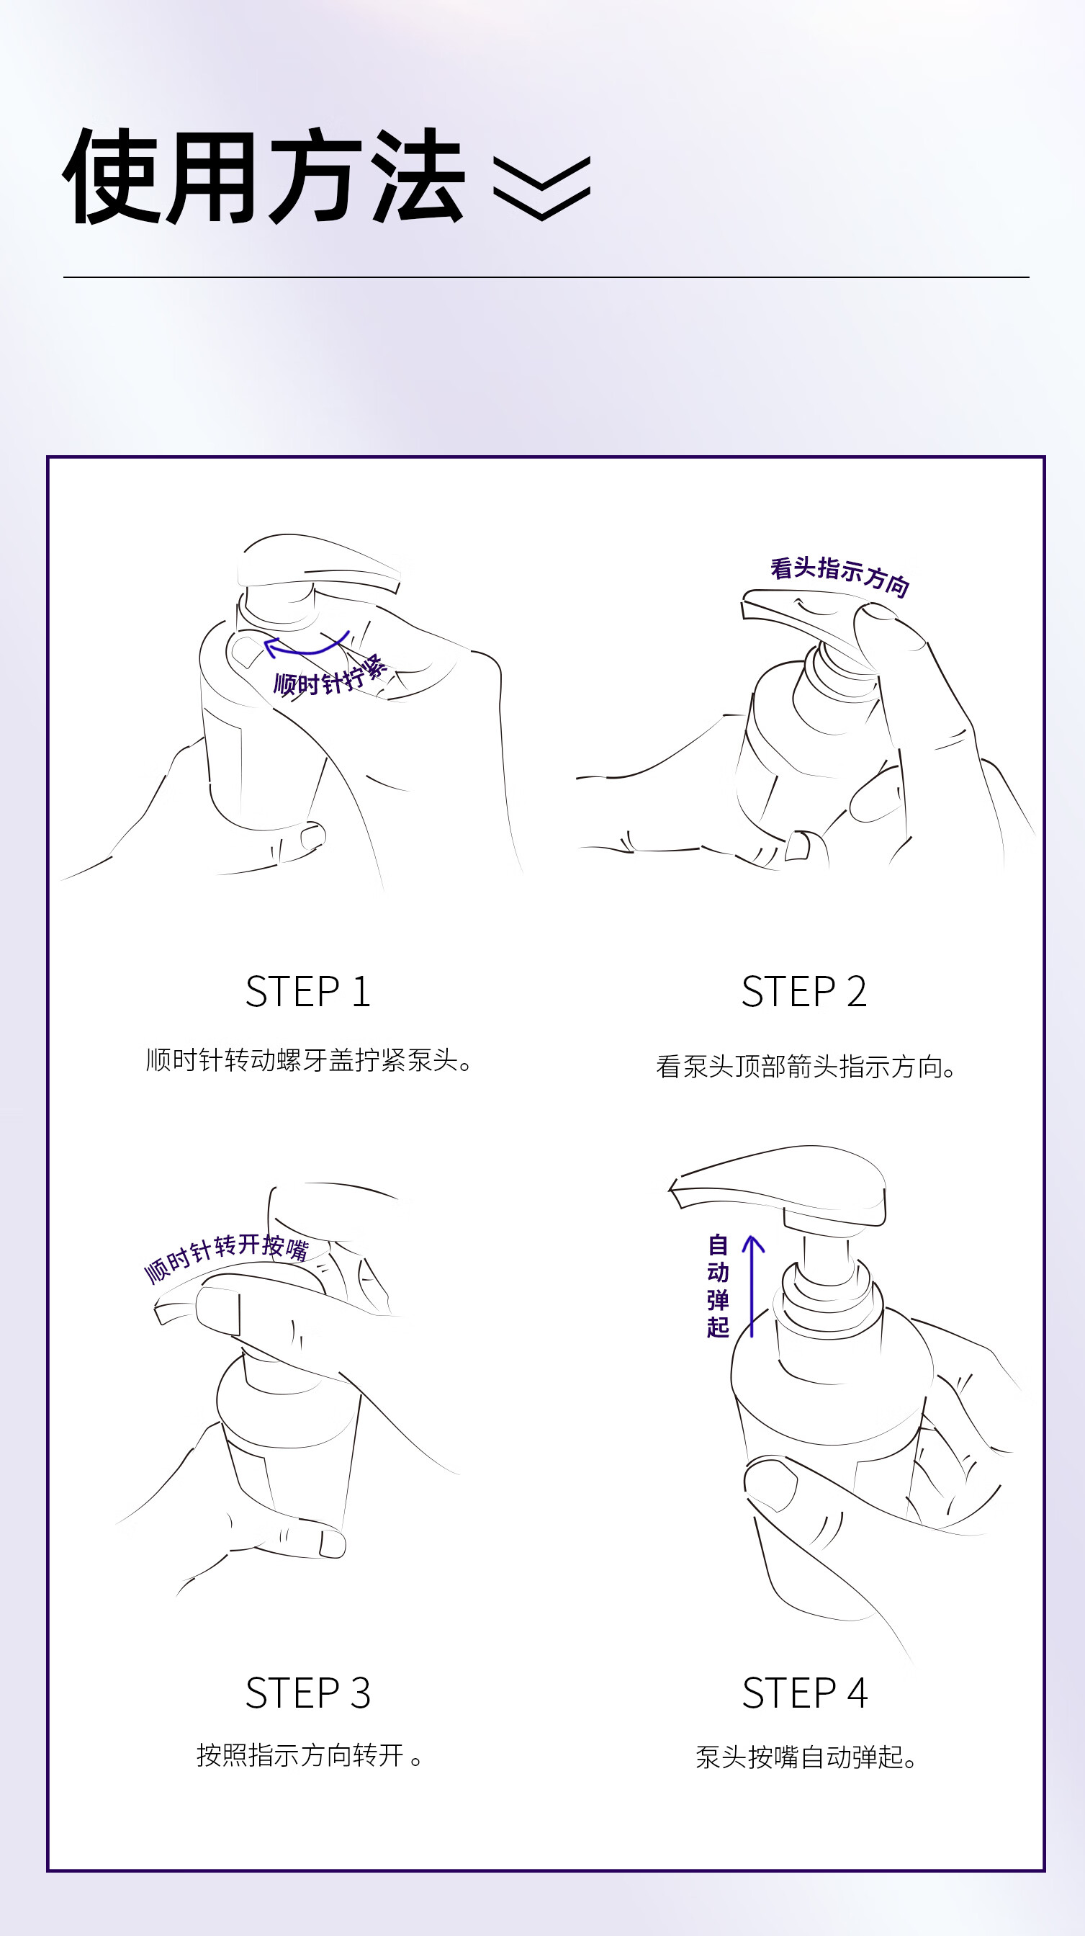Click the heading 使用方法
[264, 176]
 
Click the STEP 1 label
[308, 991]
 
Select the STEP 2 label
[804, 991]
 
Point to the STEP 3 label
[308, 1693]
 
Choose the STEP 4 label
[805, 1693]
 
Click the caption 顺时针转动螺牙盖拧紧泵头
[309, 1060]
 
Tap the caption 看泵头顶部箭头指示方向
[806, 1067]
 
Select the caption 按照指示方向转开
[309, 1755]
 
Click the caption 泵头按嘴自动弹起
[806, 1757]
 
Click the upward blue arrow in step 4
[752, 1285]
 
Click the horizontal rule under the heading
[546, 277]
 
